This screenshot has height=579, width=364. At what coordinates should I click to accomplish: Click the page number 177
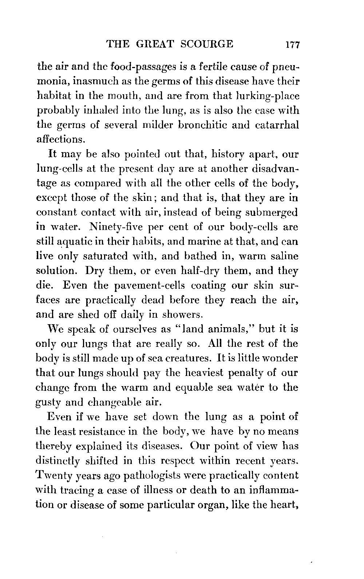click(292, 45)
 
